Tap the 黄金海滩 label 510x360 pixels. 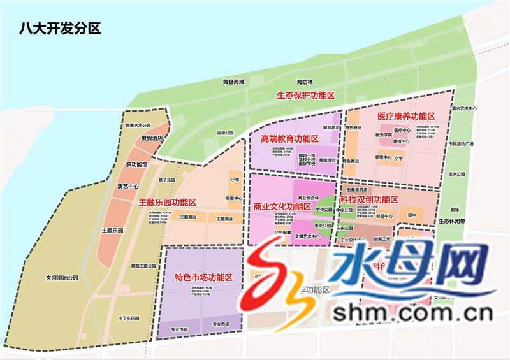pyautogui.click(x=233, y=82)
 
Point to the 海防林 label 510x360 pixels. pyautogui.click(x=306, y=82)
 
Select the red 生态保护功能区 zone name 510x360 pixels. pyautogui.click(x=305, y=96)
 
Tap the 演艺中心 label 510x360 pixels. pyautogui.click(x=128, y=187)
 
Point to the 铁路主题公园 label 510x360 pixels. pyautogui.click(x=143, y=266)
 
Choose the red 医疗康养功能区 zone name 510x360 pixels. pyautogui.click(x=406, y=117)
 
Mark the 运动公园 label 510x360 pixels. pyautogui.click(x=226, y=133)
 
